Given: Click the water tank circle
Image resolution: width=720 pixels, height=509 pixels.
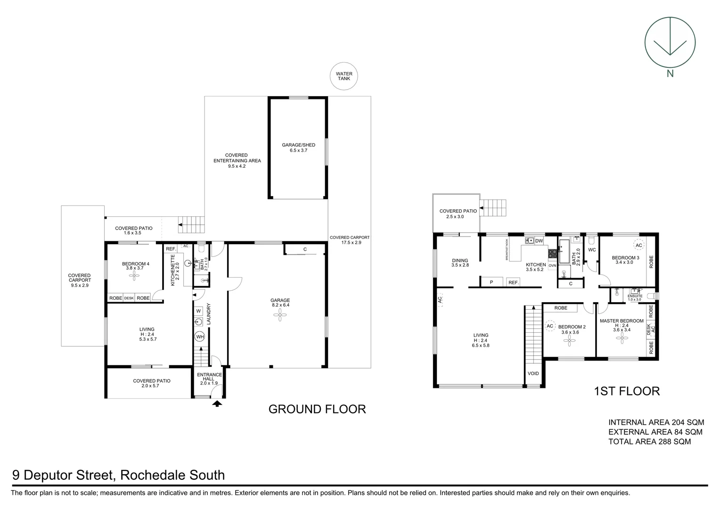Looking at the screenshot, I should tap(344, 76).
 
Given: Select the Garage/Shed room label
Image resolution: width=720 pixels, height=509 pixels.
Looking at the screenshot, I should tap(298, 148).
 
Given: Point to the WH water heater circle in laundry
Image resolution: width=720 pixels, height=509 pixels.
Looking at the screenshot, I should tap(200, 337).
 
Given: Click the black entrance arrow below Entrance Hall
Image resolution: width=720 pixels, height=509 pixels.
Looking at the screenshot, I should tap(217, 403).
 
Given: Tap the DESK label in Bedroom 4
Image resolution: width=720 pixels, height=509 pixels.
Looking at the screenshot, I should tap(129, 298).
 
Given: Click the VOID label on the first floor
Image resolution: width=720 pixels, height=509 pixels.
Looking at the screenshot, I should tap(533, 373).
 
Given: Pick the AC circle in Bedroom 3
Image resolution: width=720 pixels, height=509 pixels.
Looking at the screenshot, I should tap(638, 246).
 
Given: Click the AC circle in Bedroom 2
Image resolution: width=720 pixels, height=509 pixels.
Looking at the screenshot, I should tap(549, 326).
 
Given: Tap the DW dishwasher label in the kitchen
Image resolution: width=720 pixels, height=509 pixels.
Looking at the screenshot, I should tap(539, 241).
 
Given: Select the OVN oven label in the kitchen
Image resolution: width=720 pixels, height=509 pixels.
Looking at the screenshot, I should tap(552, 266).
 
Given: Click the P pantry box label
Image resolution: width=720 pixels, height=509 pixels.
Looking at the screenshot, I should tap(491, 282).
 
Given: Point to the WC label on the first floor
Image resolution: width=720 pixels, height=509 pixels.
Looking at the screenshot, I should tap(592, 250).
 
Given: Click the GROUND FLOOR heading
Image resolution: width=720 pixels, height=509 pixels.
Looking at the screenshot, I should tap(317, 409).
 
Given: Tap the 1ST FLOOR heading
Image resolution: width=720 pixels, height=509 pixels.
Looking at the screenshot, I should tap(627, 391).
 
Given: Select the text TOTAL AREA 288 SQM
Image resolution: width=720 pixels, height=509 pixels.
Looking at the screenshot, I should tap(649, 442).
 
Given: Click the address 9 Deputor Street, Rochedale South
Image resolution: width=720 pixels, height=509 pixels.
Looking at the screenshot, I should tap(118, 475).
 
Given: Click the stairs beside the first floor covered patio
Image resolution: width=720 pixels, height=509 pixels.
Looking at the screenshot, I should tap(493, 208).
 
